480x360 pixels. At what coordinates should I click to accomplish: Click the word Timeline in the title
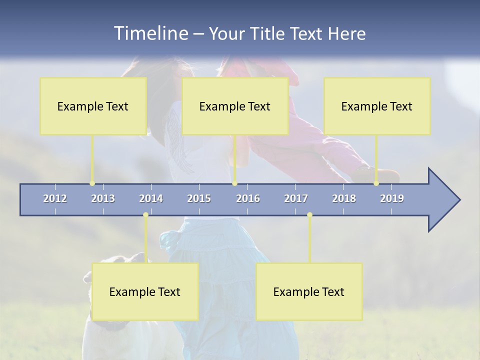tap(150, 33)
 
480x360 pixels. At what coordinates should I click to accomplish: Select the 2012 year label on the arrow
tap(55, 198)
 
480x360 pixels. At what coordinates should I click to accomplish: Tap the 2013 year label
tap(103, 198)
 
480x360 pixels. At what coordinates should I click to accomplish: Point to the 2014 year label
tap(151, 198)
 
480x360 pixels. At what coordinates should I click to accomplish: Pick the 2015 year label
tap(199, 198)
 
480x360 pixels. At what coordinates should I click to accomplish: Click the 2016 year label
tap(248, 198)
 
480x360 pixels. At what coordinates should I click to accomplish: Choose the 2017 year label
tap(296, 198)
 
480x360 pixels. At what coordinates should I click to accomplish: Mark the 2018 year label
tap(344, 198)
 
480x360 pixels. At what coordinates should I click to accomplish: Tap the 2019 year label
tap(392, 198)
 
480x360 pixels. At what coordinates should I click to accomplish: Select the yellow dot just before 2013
tap(92, 183)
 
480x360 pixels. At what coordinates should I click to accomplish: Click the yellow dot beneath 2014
tap(145, 215)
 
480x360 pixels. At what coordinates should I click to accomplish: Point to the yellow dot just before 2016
tap(234, 183)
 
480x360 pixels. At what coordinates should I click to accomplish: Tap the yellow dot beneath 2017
tap(309, 215)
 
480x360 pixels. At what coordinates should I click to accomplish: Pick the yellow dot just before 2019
tap(376, 183)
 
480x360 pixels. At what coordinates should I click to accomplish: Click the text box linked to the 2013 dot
tap(93, 106)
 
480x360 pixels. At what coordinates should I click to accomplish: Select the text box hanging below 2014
tap(145, 292)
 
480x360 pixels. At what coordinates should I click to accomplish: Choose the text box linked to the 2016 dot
tap(235, 106)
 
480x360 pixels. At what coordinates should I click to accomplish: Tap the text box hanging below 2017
tap(309, 292)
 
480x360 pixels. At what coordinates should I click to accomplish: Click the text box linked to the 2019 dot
tap(377, 106)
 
